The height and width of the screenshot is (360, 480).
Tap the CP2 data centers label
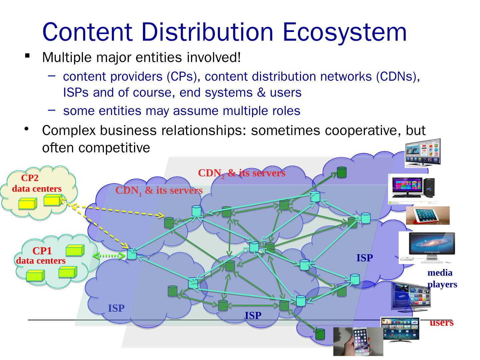pyautogui.click(x=37, y=184)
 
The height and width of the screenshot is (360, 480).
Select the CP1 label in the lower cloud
pyautogui.click(x=42, y=251)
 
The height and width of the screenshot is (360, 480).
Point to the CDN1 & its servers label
pyautogui.click(x=159, y=191)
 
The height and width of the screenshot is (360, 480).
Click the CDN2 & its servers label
pyautogui.click(x=242, y=173)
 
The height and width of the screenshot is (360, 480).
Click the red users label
pyautogui.click(x=441, y=323)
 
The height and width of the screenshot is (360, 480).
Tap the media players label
pyautogui.click(x=442, y=279)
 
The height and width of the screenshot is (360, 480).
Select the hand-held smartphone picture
pyautogui.click(x=358, y=342)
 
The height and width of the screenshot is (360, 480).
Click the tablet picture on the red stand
pyautogui.click(x=428, y=215)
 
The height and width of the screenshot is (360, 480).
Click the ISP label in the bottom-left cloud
pyautogui.click(x=116, y=308)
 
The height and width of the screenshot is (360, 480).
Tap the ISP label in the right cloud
pyautogui.click(x=364, y=258)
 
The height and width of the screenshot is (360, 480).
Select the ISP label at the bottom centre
pyautogui.click(x=253, y=315)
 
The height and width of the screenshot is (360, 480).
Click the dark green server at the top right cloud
pyautogui.click(x=342, y=172)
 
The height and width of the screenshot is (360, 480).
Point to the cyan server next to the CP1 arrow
pyautogui.click(x=132, y=254)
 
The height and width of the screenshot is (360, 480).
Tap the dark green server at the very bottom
pyautogui.click(x=320, y=334)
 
